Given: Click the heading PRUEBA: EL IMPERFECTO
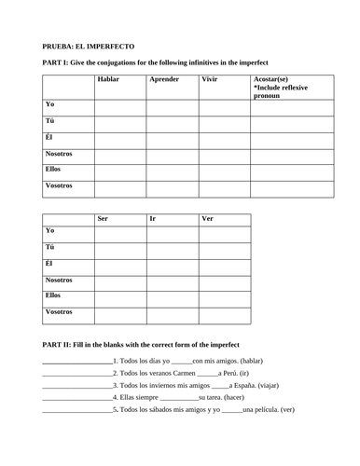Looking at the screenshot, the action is pos(89,45).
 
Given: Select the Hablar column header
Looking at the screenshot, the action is pos(108,81).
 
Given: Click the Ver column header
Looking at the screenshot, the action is pos(209,219).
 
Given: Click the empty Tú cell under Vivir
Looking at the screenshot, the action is pos(223,125).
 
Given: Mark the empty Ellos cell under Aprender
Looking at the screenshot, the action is pos(171,171).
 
